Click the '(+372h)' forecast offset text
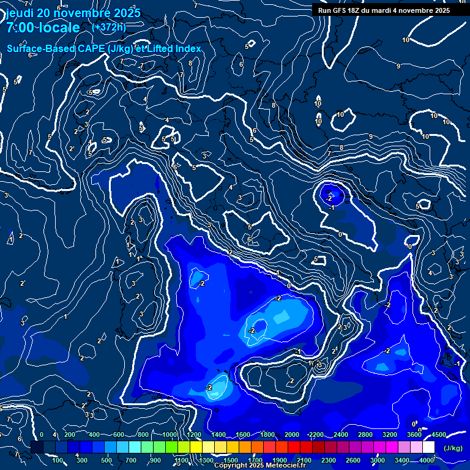[109, 27]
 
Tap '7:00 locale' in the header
[43, 28]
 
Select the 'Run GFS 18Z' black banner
[384, 10]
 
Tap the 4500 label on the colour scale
[439, 435]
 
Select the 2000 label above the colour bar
[292, 435]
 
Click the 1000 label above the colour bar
[170, 435]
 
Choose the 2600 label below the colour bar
[353, 460]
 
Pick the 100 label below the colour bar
[58, 460]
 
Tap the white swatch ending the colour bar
[428, 447]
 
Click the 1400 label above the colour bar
[218, 435]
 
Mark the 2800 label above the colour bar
[365, 435]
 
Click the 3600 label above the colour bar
[414, 435]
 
